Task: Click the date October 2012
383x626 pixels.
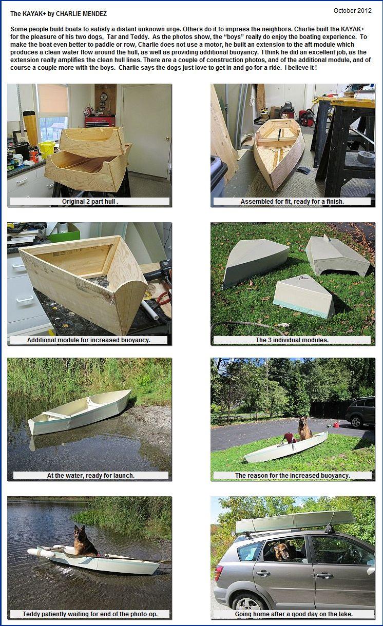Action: [353, 11]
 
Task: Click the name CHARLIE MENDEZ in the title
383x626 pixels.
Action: [81, 14]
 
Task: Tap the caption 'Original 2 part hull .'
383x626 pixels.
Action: [90, 202]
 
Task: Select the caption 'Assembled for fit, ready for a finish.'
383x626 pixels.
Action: [292, 202]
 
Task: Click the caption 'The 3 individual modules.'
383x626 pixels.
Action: [292, 340]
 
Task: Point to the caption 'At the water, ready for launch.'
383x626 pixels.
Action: [91, 475]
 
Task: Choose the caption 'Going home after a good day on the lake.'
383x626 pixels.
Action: [294, 614]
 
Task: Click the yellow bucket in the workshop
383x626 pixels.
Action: [47, 149]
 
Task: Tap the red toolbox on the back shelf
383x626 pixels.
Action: [100, 121]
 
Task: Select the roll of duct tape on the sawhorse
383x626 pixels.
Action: [366, 157]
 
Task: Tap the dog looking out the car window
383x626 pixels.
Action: [282, 552]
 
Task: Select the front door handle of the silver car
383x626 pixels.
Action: [325, 575]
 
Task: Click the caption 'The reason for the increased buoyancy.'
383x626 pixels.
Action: [293, 475]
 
